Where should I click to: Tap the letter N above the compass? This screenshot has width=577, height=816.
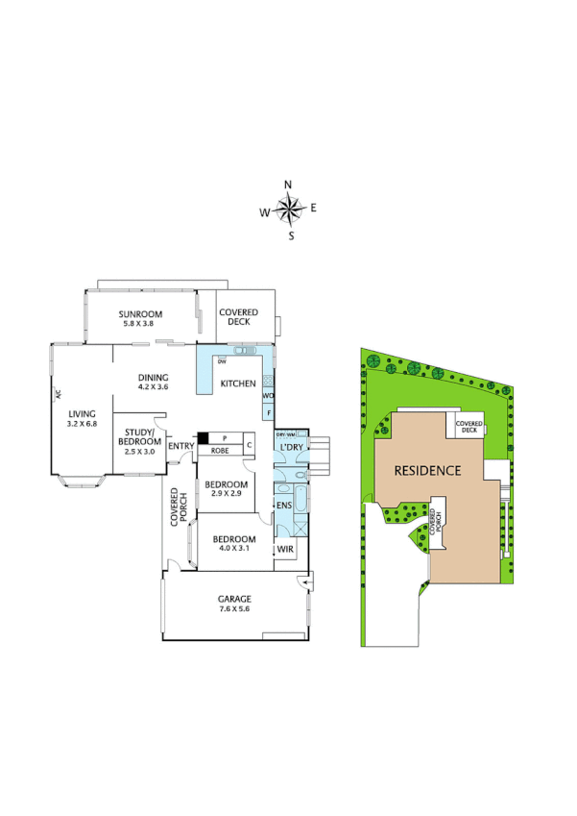pyautogui.click(x=288, y=185)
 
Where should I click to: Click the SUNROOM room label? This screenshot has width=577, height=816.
pyautogui.click(x=140, y=314)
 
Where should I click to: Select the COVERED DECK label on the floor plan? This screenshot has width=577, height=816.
pyautogui.click(x=238, y=317)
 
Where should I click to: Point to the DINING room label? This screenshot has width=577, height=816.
pyautogui.click(x=154, y=378)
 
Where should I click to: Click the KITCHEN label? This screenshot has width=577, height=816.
pyautogui.click(x=238, y=383)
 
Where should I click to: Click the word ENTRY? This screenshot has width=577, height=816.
pyautogui.click(x=180, y=446)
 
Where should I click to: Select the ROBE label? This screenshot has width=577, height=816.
pyautogui.click(x=219, y=450)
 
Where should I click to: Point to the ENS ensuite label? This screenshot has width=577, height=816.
pyautogui.click(x=284, y=506)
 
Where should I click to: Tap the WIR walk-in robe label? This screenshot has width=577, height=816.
pyautogui.click(x=285, y=550)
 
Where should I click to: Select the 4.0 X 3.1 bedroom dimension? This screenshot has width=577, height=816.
pyautogui.click(x=234, y=548)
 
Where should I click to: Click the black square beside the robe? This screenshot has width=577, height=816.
pyautogui.click(x=204, y=439)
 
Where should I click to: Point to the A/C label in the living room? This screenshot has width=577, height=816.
pyautogui.click(x=58, y=394)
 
